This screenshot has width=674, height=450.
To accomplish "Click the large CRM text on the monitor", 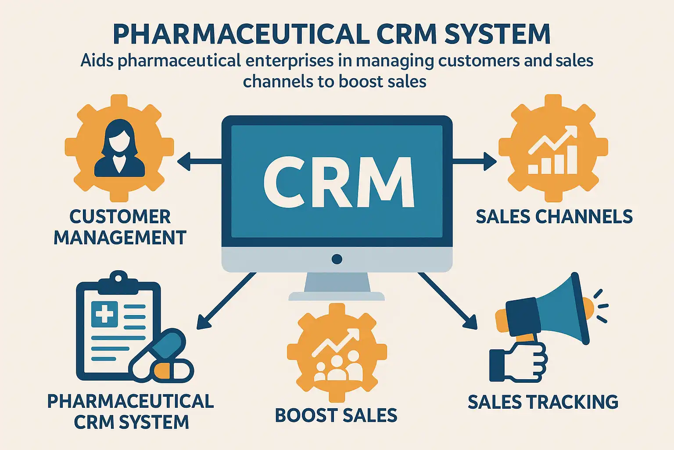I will (338, 181).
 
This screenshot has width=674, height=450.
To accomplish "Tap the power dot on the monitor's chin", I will (337, 259).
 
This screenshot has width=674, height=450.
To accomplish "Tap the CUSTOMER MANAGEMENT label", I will (120, 227).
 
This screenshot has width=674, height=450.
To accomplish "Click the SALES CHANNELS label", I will (554, 217).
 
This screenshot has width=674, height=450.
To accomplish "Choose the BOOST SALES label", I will (336, 415).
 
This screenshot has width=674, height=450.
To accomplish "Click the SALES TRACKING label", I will (543, 402).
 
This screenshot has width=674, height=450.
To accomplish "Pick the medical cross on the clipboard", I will (104, 314).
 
